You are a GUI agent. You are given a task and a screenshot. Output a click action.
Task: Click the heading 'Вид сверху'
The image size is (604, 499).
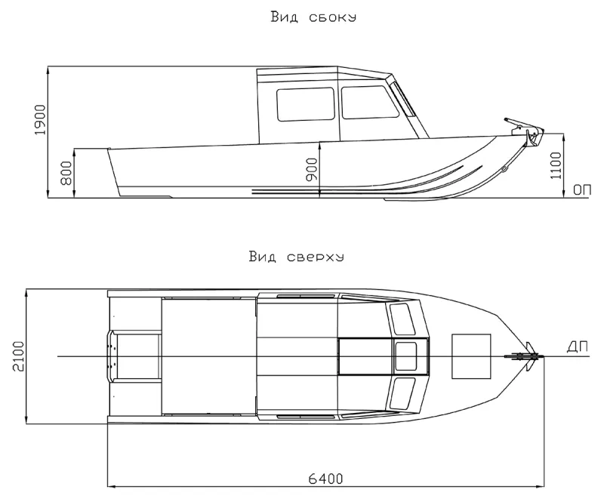[296, 257]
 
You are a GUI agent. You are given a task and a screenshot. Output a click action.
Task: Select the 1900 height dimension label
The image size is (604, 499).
[41, 119]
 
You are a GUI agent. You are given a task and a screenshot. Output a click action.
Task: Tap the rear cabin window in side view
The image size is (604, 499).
[305, 104]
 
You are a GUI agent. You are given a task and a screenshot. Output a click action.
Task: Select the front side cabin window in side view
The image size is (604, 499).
[368, 103]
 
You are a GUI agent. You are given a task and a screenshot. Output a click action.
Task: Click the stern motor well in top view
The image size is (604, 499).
[134, 356]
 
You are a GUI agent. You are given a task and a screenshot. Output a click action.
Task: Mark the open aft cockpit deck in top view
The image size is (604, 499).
[208, 355]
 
